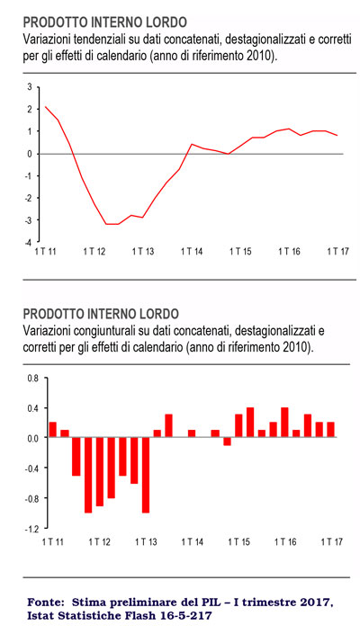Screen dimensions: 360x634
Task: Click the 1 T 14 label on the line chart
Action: click(192, 252)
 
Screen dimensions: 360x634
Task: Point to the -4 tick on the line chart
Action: click(30, 242)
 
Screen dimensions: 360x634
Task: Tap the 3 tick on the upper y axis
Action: click(30, 86)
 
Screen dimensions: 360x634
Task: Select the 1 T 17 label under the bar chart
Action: click(332, 541)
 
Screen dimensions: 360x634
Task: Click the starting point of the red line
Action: click(45, 107)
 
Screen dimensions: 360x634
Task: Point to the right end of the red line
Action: click(337, 136)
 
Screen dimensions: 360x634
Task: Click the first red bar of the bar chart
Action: click(52, 429)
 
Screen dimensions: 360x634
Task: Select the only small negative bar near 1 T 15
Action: click(227, 442)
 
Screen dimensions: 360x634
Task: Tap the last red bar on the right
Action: click(331, 429)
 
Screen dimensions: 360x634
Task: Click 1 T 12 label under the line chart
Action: click(94, 252)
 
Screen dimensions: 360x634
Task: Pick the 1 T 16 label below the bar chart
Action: click(285, 541)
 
